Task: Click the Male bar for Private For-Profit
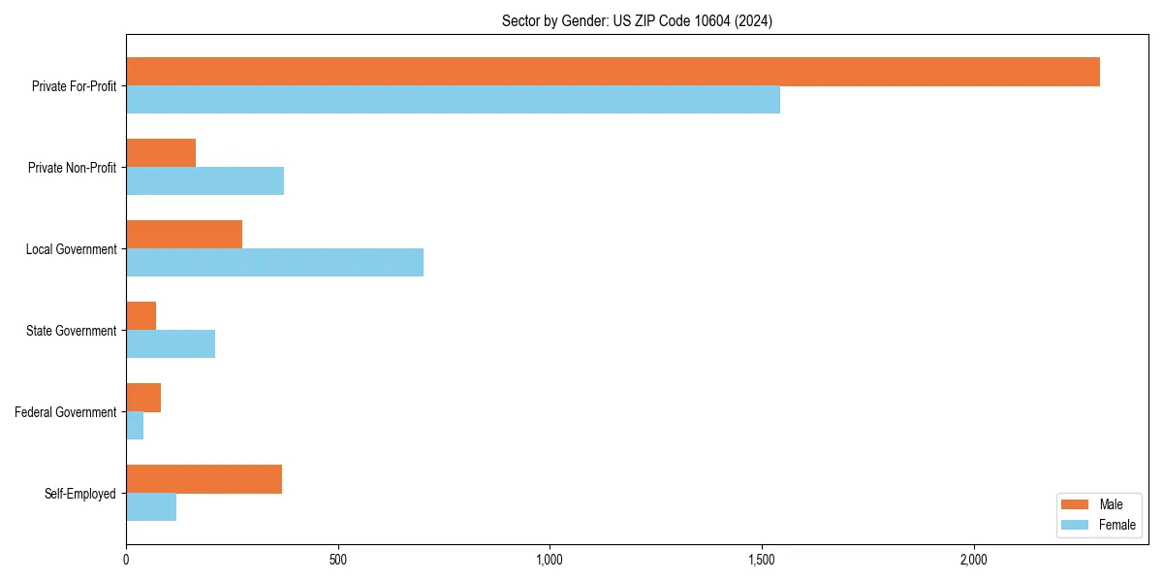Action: click(613, 72)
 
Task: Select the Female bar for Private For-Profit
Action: click(453, 100)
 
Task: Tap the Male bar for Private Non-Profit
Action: click(161, 153)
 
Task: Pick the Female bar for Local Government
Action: click(274, 263)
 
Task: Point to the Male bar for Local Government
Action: click(184, 235)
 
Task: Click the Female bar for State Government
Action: click(171, 344)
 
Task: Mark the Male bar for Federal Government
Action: click(143, 398)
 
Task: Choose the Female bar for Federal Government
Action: click(135, 426)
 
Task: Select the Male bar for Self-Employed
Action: click(204, 479)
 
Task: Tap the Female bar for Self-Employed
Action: click(151, 507)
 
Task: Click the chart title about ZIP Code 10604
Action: click(637, 20)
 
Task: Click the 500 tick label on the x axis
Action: click(337, 561)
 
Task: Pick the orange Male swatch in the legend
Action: click(1075, 504)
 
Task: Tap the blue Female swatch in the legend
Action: click(1075, 525)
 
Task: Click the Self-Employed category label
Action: click(79, 494)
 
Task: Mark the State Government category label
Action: click(71, 331)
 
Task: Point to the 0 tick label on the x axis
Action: click(126, 561)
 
